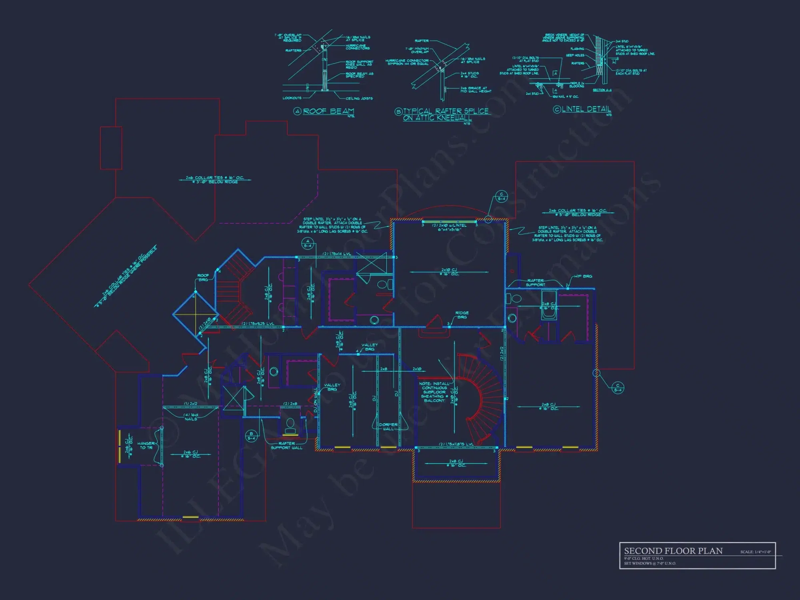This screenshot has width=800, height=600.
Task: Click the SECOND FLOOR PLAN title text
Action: click(673, 551)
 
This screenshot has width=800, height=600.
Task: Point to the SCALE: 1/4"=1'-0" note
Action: click(755, 552)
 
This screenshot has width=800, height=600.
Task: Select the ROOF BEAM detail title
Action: click(328, 111)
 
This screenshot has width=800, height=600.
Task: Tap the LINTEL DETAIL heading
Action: click(586, 109)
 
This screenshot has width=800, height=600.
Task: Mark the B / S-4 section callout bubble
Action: click(251, 436)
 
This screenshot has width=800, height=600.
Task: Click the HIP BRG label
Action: click(583, 276)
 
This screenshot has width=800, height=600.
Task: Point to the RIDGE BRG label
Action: click(462, 315)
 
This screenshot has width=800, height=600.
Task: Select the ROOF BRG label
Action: click(203, 277)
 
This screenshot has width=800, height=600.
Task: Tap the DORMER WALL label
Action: click(388, 427)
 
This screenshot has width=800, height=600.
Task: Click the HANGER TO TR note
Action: click(146, 445)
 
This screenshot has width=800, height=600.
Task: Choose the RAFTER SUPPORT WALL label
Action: click(286, 446)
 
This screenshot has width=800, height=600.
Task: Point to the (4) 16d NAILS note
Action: click(191, 417)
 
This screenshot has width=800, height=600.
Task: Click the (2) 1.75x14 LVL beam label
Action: click(337, 254)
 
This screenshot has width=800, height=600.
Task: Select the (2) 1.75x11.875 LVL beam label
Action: click(456, 444)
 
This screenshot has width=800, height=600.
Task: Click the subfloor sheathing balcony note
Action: click(434, 392)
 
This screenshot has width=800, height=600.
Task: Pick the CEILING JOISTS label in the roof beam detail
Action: click(359, 98)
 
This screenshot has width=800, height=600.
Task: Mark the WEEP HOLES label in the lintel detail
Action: click(575, 55)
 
